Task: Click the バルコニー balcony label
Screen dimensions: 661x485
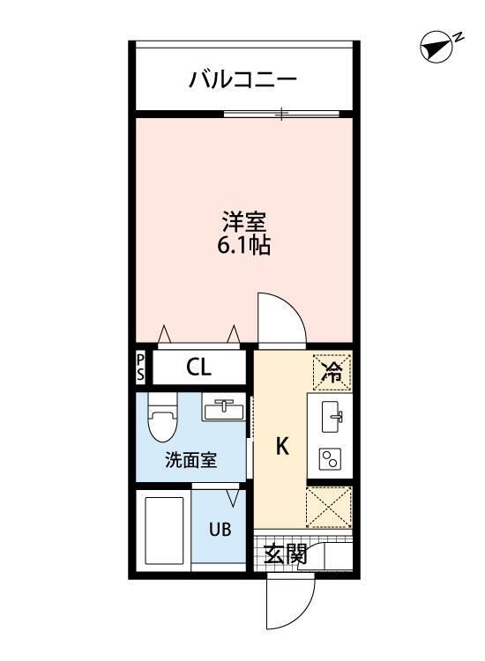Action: (x=242, y=81)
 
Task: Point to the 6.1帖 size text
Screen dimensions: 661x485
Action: (x=243, y=246)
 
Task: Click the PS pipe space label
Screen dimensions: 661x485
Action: (x=140, y=368)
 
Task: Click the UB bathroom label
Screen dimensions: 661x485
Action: (x=219, y=530)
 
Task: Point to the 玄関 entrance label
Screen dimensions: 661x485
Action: (x=286, y=554)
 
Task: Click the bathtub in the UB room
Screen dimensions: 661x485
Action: (x=164, y=532)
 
